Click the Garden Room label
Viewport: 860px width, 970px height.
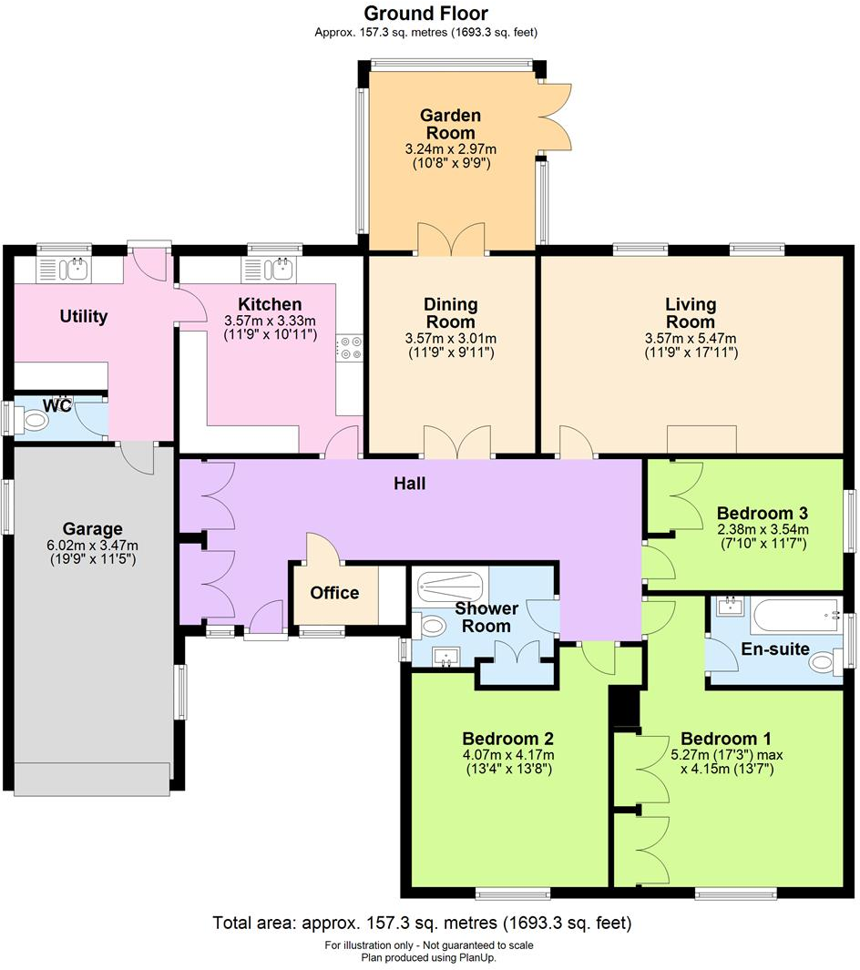[x=450, y=124]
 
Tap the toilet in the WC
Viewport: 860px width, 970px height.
[x=36, y=421]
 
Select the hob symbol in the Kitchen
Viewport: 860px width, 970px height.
[x=351, y=348]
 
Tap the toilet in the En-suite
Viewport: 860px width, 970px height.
[x=825, y=662]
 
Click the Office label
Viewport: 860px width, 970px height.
[x=334, y=593]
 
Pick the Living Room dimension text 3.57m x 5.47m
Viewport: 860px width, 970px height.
[x=690, y=338]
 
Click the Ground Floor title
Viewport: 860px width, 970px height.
[x=425, y=13]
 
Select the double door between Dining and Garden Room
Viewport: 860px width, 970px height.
[x=451, y=239]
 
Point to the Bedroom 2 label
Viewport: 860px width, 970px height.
[x=507, y=739]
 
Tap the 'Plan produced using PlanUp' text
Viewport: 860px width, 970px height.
[x=429, y=957]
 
